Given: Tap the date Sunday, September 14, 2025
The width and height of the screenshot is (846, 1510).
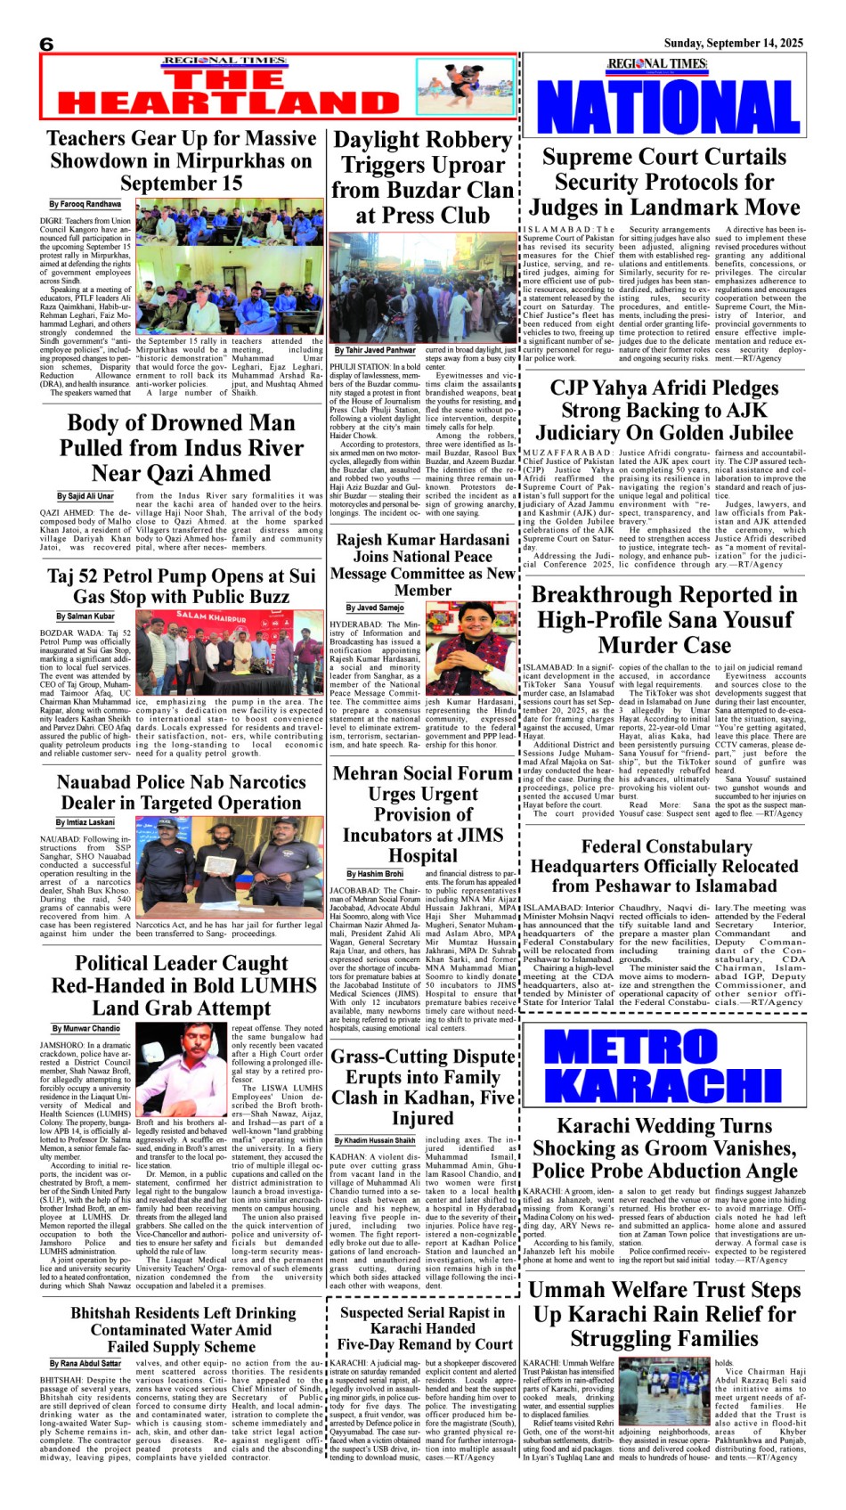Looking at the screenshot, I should tap(733, 43).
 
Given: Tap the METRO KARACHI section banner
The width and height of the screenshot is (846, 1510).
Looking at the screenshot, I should tap(666, 1066).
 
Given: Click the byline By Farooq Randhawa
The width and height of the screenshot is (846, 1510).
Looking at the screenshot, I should tap(85, 205).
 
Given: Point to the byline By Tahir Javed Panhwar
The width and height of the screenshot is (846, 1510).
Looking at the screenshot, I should tap(375, 350).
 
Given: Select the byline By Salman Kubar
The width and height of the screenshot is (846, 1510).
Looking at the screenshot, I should tap(85, 616).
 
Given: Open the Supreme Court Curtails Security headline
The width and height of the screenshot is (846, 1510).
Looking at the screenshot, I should tap(664, 182).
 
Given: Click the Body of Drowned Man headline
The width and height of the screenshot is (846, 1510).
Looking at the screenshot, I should tap(181, 447).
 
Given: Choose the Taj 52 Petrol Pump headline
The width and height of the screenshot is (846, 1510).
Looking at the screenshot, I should tap(181, 586).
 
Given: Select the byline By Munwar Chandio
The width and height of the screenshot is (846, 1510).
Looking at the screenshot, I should tap(85, 1027).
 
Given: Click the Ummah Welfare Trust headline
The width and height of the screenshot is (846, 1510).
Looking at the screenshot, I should tap(664, 1313).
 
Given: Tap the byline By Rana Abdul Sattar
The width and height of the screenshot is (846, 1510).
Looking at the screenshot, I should tap(85, 1363).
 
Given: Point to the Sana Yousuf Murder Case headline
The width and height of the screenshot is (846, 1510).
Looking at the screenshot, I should tap(664, 619).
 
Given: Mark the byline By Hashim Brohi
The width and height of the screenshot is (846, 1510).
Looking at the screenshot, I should tap(375, 874).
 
